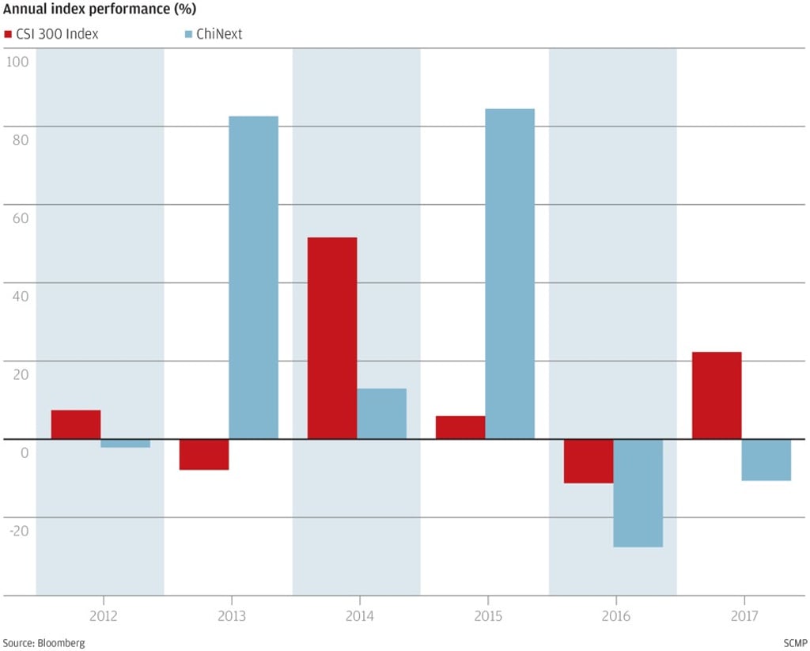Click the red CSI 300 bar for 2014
332,338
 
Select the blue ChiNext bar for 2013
253,277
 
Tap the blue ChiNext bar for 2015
509,274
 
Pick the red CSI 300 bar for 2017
717,395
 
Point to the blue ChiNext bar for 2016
638,493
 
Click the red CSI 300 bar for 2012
76,424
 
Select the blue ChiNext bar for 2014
381,413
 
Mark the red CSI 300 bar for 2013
204,454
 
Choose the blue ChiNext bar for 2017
766,460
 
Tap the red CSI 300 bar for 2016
589,460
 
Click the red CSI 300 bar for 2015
460,427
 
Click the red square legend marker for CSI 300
8,34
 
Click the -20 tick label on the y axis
18,530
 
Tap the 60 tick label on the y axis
18,218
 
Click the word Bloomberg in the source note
61,642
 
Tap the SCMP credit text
793,642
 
